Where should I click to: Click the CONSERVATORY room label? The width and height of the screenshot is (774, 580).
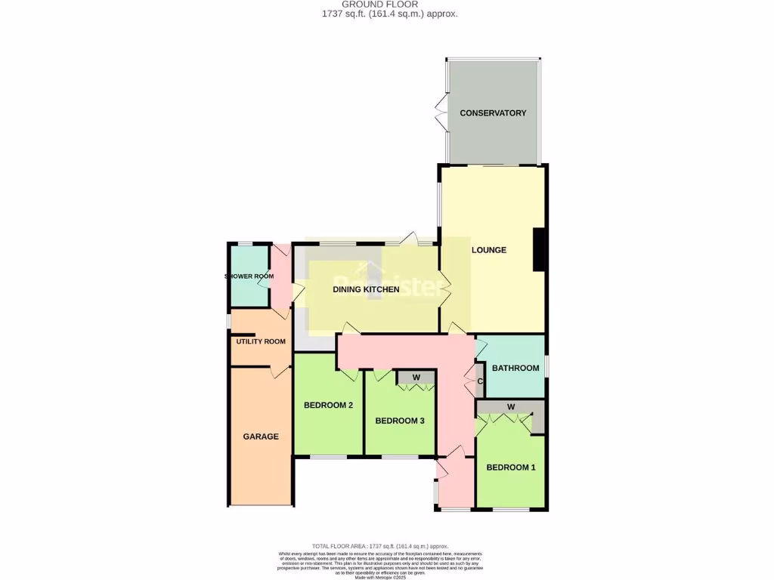tap(493, 113)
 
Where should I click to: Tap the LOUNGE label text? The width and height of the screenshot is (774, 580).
tap(488, 250)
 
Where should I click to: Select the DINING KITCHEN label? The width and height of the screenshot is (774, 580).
tap(366, 289)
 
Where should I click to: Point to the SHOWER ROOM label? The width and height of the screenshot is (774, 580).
tap(249, 276)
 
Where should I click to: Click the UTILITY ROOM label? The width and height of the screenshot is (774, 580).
tap(261, 341)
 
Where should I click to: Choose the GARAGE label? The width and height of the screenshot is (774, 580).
tap(261, 437)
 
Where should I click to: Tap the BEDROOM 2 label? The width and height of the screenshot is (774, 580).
tap(328, 406)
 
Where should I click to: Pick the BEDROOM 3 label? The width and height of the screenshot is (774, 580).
tap(399, 421)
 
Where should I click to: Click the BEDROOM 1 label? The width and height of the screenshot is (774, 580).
tap(510, 467)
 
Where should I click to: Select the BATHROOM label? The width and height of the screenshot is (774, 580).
tap(515, 369)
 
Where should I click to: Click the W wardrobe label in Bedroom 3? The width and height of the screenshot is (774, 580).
tap(416, 378)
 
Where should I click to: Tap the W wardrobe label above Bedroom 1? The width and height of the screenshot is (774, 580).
tap(511, 407)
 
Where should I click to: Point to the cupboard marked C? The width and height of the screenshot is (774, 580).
tap(480, 381)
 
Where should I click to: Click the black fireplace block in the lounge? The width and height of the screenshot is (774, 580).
tap(539, 249)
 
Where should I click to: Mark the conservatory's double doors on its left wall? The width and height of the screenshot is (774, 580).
tap(440, 113)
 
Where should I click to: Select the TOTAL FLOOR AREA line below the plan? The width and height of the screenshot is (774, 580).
tap(380, 546)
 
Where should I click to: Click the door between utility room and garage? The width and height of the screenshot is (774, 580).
tap(280, 372)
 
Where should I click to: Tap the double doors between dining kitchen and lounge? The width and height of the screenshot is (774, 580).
tap(444, 288)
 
